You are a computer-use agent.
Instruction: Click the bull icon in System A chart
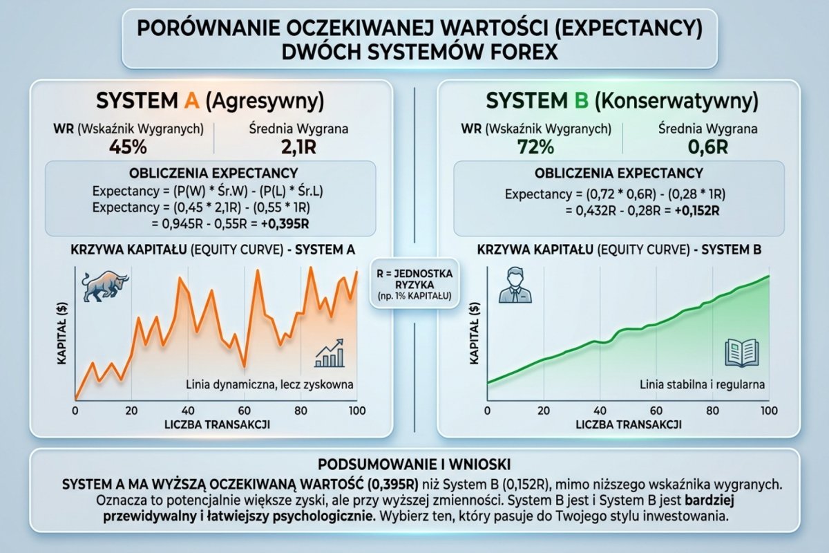(101, 287)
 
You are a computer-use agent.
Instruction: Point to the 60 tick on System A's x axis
(243, 411)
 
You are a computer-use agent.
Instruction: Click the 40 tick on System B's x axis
(600, 411)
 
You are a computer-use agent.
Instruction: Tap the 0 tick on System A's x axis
(75, 411)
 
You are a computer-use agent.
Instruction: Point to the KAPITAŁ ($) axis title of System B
(475, 332)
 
